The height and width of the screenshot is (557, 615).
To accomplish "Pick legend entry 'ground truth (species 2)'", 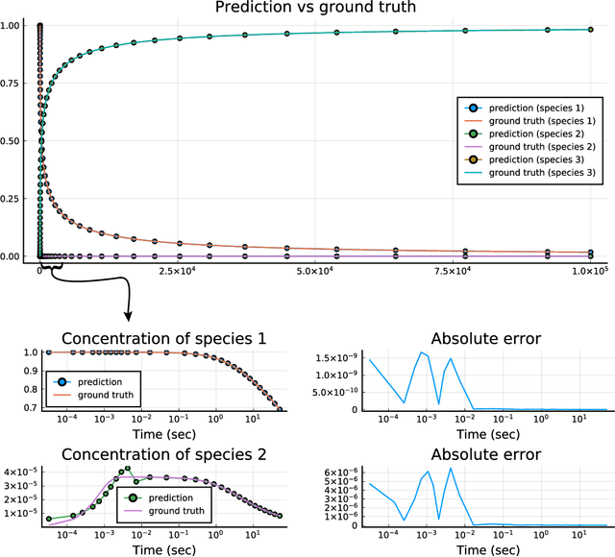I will click(x=541, y=146).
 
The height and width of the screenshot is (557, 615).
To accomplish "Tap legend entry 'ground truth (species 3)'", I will click(x=541, y=173).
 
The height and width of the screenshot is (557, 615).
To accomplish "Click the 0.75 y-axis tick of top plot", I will click(x=18, y=83).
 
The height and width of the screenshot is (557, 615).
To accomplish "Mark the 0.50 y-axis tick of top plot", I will click(x=18, y=141).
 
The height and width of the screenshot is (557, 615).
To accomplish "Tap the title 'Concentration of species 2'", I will click(x=162, y=454).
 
